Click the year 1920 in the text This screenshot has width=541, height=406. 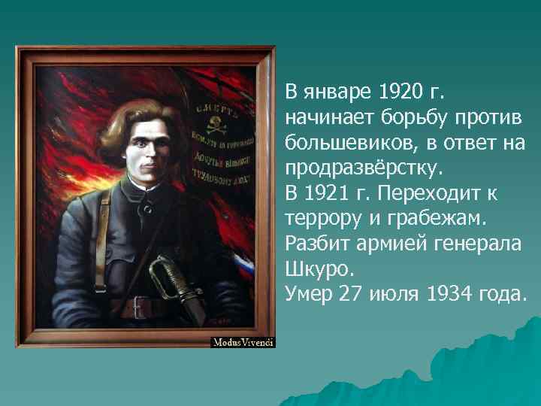(x=400, y=93)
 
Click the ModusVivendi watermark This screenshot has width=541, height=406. (x=243, y=342)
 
